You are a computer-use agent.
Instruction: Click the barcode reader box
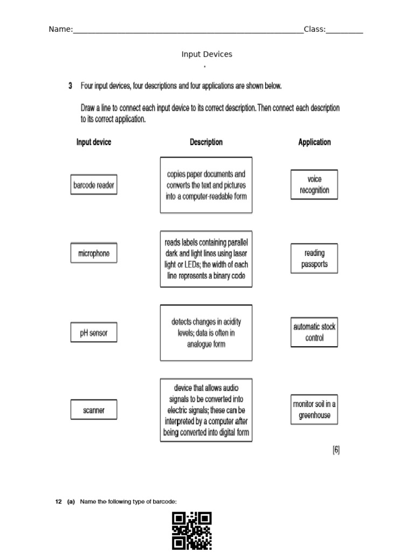point(94,185)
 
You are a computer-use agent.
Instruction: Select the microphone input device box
point(94,253)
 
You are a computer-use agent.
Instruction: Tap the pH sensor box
point(94,333)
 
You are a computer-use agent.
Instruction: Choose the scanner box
point(94,410)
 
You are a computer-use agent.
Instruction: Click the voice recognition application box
point(314,185)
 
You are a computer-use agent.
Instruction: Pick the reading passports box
point(314,259)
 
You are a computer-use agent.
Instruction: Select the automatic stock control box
point(314,332)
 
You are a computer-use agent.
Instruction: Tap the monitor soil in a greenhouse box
point(314,410)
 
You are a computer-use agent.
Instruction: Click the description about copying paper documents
point(206,185)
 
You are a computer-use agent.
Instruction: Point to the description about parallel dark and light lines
point(206,259)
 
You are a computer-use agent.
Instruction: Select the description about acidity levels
point(206,333)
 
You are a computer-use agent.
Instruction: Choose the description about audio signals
point(206,410)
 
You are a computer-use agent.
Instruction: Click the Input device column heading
point(94,142)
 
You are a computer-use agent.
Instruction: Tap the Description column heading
point(206,142)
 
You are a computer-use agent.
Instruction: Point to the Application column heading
point(314,142)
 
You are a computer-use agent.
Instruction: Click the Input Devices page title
point(207,54)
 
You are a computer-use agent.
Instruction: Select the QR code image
point(192,531)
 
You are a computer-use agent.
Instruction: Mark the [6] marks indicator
point(336,451)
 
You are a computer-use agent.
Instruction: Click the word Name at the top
point(60,30)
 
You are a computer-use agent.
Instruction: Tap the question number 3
point(71,86)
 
